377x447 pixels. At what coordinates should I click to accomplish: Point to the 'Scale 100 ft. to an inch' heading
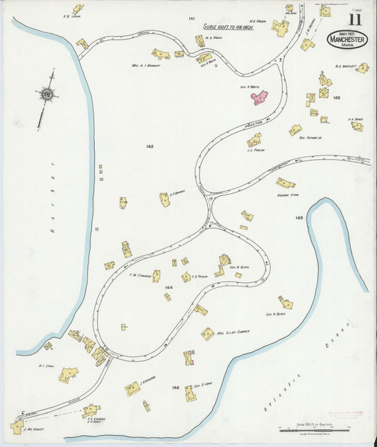[228, 27]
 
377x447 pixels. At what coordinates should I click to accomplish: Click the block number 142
[150, 146]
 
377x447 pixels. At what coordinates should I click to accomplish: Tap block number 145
[299, 218]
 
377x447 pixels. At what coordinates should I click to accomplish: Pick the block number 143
[337, 98]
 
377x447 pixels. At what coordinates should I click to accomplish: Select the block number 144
[168, 288]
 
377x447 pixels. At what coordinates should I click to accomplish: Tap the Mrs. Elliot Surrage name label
[233, 333]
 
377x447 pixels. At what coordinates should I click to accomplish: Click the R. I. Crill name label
[46, 366]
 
